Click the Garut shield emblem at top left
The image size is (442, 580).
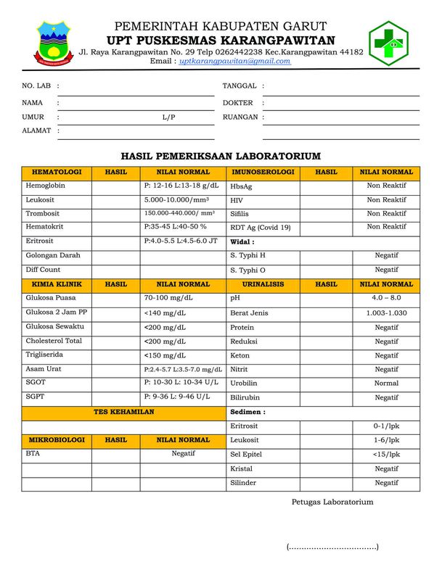pos(53,42)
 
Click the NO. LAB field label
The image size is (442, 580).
pos(36,86)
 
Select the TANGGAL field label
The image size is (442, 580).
pos(240,86)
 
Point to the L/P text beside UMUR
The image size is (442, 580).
pos(168,117)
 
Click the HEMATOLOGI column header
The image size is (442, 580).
pos(57,173)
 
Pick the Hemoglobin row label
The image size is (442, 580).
pos(46,186)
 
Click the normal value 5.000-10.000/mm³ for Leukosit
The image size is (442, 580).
pos(176,199)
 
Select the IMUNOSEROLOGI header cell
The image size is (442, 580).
pos(263,173)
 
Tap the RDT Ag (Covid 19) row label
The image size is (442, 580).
pos(261,228)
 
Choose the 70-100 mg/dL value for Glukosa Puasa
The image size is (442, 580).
pos(168,298)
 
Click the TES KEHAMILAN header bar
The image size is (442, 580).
pos(123,412)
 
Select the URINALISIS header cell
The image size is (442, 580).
pos(263,284)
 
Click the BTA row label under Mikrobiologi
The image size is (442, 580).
pos(33,453)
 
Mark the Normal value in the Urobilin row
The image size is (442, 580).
pos(386,384)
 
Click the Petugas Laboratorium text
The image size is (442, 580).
pos(332,502)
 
